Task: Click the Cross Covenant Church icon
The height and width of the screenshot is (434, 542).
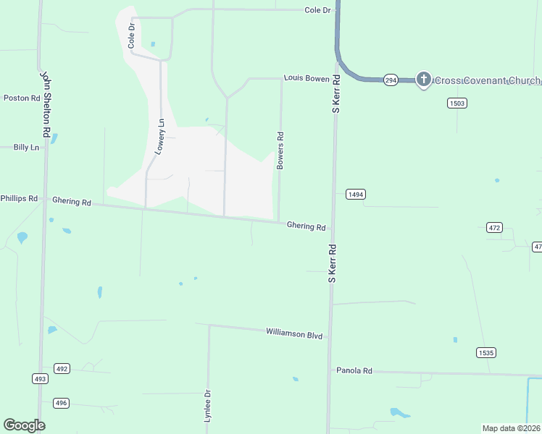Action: point(424,79)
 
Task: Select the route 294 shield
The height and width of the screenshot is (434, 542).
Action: point(391,80)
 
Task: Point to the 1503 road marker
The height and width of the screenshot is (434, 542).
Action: point(456,103)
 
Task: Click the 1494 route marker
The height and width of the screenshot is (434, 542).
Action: point(355,195)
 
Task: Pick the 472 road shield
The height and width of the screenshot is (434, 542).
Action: point(494,227)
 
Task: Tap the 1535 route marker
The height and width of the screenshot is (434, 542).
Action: point(486,352)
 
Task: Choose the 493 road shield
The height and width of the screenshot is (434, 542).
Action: point(40,378)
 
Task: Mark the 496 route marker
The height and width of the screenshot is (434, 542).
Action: point(61,403)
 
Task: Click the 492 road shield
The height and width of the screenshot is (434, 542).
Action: point(62,369)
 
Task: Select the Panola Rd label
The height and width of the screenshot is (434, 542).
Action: point(354,370)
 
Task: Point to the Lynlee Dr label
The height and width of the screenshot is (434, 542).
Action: point(207,406)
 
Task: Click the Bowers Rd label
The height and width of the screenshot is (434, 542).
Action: point(280,150)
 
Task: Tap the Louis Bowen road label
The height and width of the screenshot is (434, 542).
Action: point(307,77)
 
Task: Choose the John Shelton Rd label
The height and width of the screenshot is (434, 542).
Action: point(46,104)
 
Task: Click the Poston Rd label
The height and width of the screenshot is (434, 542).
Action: point(22,98)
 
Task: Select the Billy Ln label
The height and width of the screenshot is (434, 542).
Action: point(25,147)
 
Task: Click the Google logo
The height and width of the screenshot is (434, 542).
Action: point(24,425)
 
